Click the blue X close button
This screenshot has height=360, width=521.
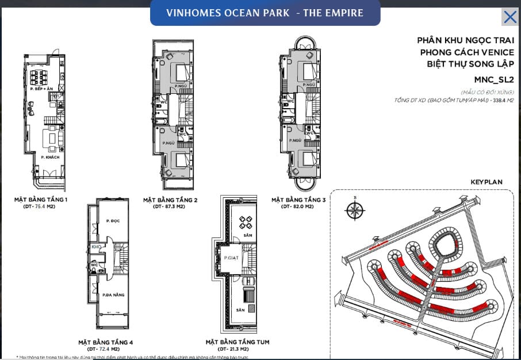click(509, 17)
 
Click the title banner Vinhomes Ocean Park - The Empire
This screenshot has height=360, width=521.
click(265, 13)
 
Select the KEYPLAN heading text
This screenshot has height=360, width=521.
click(486, 182)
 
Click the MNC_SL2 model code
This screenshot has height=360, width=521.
click(493, 79)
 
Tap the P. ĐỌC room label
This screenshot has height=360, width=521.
click(112, 221)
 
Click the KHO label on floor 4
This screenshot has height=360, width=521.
click(95, 247)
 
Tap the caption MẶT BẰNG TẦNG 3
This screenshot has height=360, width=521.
click(298, 200)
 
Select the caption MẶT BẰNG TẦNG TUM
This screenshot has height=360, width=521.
click(237, 342)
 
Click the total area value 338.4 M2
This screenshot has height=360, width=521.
click(500, 100)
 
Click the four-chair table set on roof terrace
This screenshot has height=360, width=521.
click(243, 222)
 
